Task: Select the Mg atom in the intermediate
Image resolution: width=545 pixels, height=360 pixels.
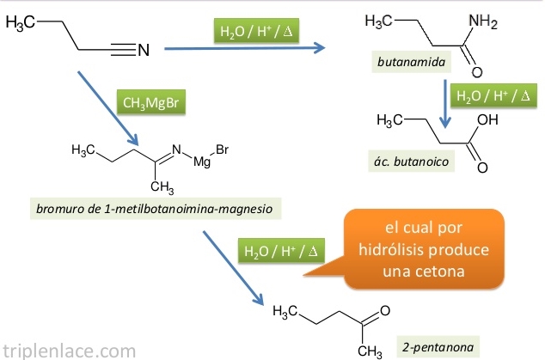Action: [x=202, y=161]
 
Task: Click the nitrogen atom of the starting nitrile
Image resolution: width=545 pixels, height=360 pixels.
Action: [x=143, y=51]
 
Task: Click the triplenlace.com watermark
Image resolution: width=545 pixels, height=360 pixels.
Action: [x=69, y=349]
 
